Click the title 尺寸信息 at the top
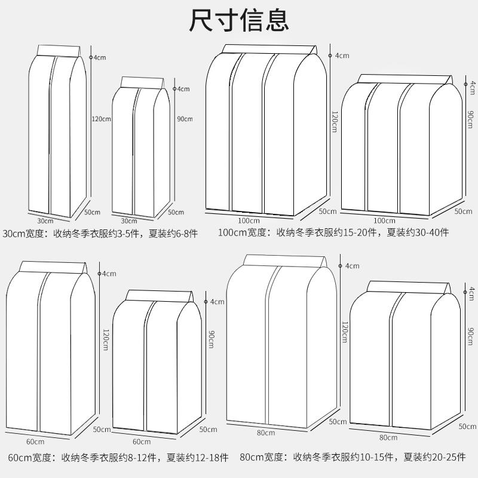click(x=239, y=20)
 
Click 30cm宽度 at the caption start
click(x=24, y=232)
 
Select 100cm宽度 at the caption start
click(x=242, y=232)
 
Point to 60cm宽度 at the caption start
click(x=24, y=458)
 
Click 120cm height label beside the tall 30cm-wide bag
click(x=102, y=119)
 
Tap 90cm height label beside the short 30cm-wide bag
click(x=185, y=119)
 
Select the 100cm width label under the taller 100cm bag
click(x=248, y=220)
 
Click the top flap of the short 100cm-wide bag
click(x=406, y=79)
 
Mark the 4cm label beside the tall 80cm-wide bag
click(x=351, y=266)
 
